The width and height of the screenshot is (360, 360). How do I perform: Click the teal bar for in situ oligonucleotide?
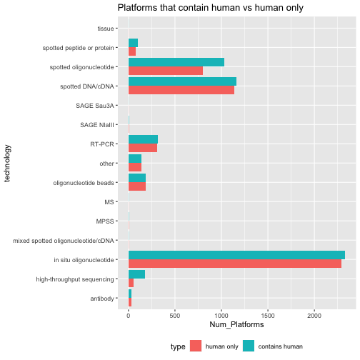point(236,255)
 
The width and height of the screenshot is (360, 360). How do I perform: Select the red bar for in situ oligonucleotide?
point(235,264)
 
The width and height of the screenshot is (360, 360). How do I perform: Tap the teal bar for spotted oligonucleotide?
point(176,62)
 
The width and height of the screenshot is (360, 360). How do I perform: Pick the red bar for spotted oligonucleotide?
point(166,71)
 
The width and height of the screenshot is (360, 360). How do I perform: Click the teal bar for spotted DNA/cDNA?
point(182,81)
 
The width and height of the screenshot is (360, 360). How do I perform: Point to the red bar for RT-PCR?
point(143,148)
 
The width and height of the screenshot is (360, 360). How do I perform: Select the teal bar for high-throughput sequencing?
point(136,274)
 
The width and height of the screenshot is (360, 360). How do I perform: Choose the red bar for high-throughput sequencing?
point(131,283)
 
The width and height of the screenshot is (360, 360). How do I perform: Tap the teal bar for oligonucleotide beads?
point(137,178)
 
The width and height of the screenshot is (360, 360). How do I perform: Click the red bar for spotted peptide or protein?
point(132,51)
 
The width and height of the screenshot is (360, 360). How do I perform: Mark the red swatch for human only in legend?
point(196,346)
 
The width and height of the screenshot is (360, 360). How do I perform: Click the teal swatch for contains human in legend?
point(249,346)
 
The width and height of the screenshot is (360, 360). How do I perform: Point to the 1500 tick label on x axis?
point(268,316)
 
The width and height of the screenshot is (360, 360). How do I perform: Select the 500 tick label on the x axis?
point(175,316)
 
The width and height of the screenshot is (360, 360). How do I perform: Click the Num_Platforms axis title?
point(236,324)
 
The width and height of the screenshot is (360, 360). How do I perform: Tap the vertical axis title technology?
point(7,164)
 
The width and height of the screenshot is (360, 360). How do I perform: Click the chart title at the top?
point(211,8)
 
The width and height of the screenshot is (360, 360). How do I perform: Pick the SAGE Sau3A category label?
point(95,106)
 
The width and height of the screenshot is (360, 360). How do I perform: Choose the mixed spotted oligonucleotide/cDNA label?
point(64,241)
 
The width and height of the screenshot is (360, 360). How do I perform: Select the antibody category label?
point(102,299)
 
